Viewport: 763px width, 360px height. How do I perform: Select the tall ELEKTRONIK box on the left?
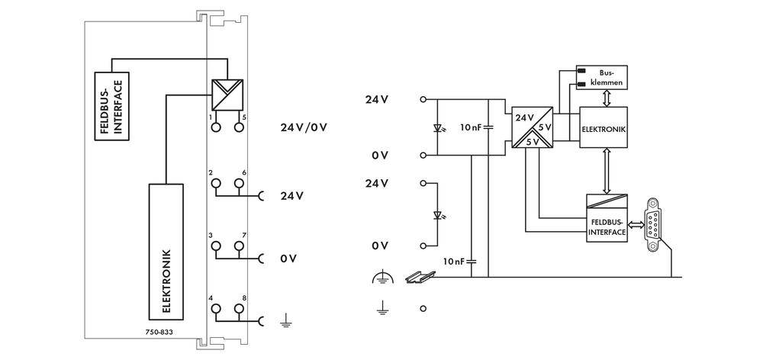(x=166, y=251)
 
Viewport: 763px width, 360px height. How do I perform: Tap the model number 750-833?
(x=158, y=333)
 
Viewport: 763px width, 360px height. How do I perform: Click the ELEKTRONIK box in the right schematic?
(x=604, y=129)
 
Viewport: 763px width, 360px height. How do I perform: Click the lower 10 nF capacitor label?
(x=454, y=261)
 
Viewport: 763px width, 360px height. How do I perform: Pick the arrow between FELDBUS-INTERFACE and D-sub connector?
(x=635, y=224)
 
